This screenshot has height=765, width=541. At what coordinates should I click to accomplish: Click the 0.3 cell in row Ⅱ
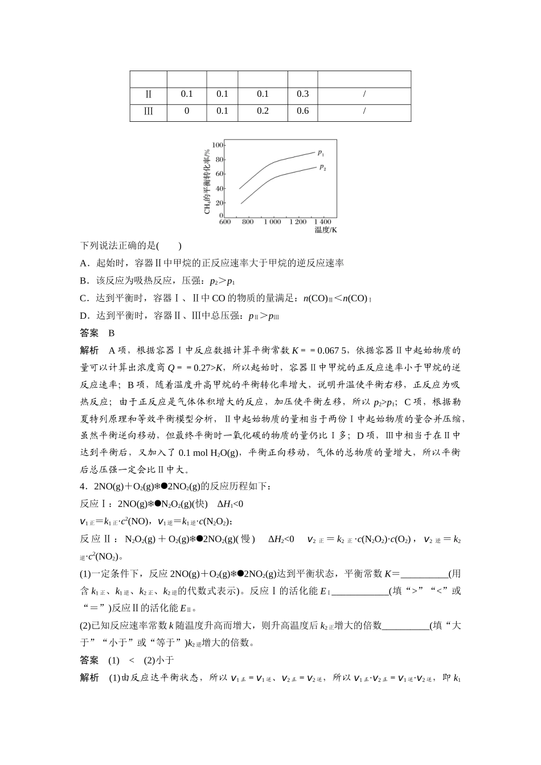(x=302, y=94)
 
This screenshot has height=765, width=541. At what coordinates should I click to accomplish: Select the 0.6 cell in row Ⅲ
(x=302, y=111)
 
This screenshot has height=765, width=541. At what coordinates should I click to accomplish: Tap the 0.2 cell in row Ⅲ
(x=263, y=111)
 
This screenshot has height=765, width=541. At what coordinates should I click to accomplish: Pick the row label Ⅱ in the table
(x=148, y=94)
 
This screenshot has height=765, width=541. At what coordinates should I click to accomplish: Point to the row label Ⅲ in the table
(x=148, y=111)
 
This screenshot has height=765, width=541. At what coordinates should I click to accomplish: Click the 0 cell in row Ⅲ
(x=187, y=111)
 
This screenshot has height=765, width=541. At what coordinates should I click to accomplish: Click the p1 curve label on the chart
(x=321, y=153)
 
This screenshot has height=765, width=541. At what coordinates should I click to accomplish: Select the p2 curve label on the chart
(x=322, y=167)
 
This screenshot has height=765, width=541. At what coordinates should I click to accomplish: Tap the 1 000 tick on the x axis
(x=272, y=221)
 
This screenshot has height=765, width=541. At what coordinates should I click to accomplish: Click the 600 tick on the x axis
(x=225, y=221)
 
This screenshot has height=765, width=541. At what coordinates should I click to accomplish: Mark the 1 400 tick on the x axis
(x=322, y=221)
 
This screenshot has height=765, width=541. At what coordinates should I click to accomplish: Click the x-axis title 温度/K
(x=326, y=230)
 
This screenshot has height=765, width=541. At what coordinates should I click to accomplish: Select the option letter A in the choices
(x=83, y=263)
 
